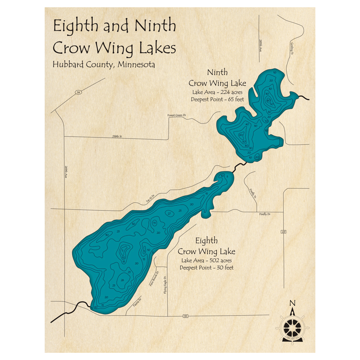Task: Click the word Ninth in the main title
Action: click(x=155, y=27)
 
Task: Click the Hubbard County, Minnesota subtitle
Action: click(x=104, y=65)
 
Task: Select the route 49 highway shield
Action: click(x=284, y=232)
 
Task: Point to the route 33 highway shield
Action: click(x=185, y=316)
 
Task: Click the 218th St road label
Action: click(x=117, y=137)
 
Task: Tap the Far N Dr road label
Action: click(x=150, y=198)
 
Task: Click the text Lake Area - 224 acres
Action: click(x=217, y=91)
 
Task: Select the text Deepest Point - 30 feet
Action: click(x=207, y=267)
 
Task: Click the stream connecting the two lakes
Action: click(x=239, y=165)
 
